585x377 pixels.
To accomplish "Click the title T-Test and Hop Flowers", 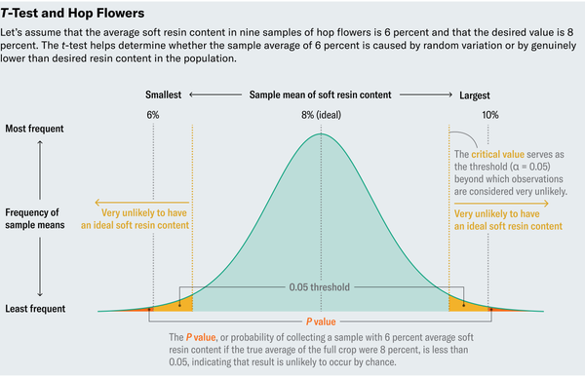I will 73,15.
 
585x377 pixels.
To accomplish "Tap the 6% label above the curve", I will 153,115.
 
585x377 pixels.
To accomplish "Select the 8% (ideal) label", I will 321,115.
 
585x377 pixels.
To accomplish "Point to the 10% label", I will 489,115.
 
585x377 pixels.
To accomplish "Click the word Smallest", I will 164,95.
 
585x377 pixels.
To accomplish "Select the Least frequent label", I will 35,309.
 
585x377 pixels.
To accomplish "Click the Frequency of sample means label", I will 36,219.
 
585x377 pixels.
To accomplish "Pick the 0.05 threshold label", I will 321,288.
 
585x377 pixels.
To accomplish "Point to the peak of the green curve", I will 321,132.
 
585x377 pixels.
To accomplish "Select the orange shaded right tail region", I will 468,306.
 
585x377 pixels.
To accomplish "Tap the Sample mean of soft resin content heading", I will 321,95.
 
